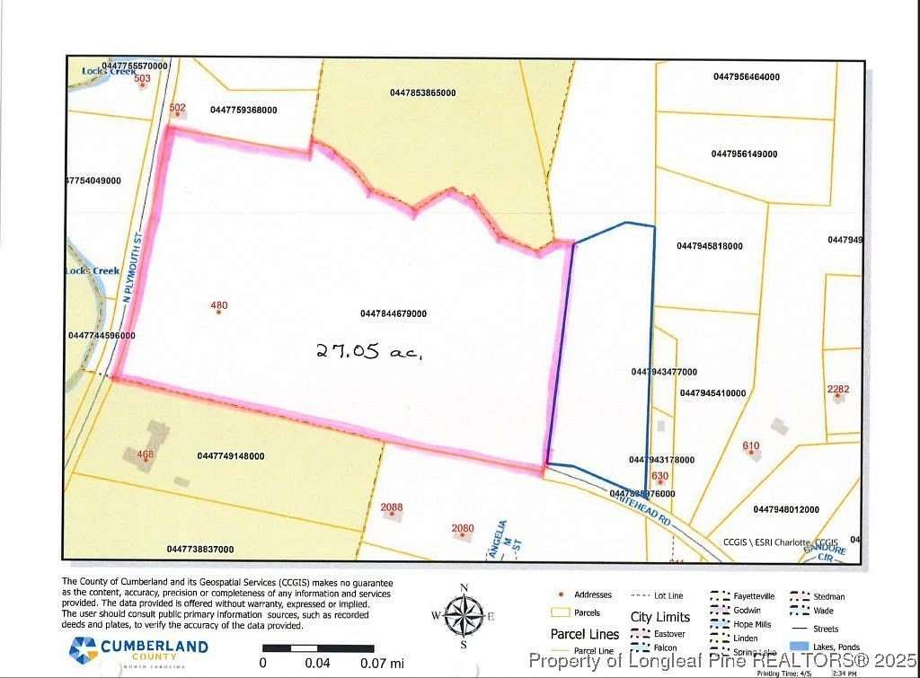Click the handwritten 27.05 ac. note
pyautogui.click(x=369, y=351)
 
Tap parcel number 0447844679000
pyautogui.click(x=393, y=314)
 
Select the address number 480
pyautogui.click(x=219, y=305)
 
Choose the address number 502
pyautogui.click(x=177, y=108)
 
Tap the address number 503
pyautogui.click(x=141, y=79)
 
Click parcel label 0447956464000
pyautogui.click(x=747, y=77)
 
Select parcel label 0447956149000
pyautogui.click(x=744, y=154)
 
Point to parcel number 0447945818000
pyautogui.click(x=710, y=246)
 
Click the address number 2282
pyautogui.click(x=838, y=389)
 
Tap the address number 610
pyautogui.click(x=751, y=446)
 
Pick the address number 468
pyautogui.click(x=146, y=454)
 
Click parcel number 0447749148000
pyautogui.click(x=231, y=456)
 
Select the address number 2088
pyautogui.click(x=392, y=507)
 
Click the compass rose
pyautogui.click(x=464, y=616)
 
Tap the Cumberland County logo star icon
pyautogui.click(x=84, y=647)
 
